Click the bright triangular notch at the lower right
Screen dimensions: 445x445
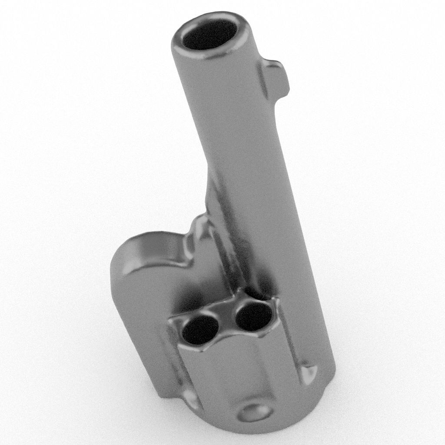309,373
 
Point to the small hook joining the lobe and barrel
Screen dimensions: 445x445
198,230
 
